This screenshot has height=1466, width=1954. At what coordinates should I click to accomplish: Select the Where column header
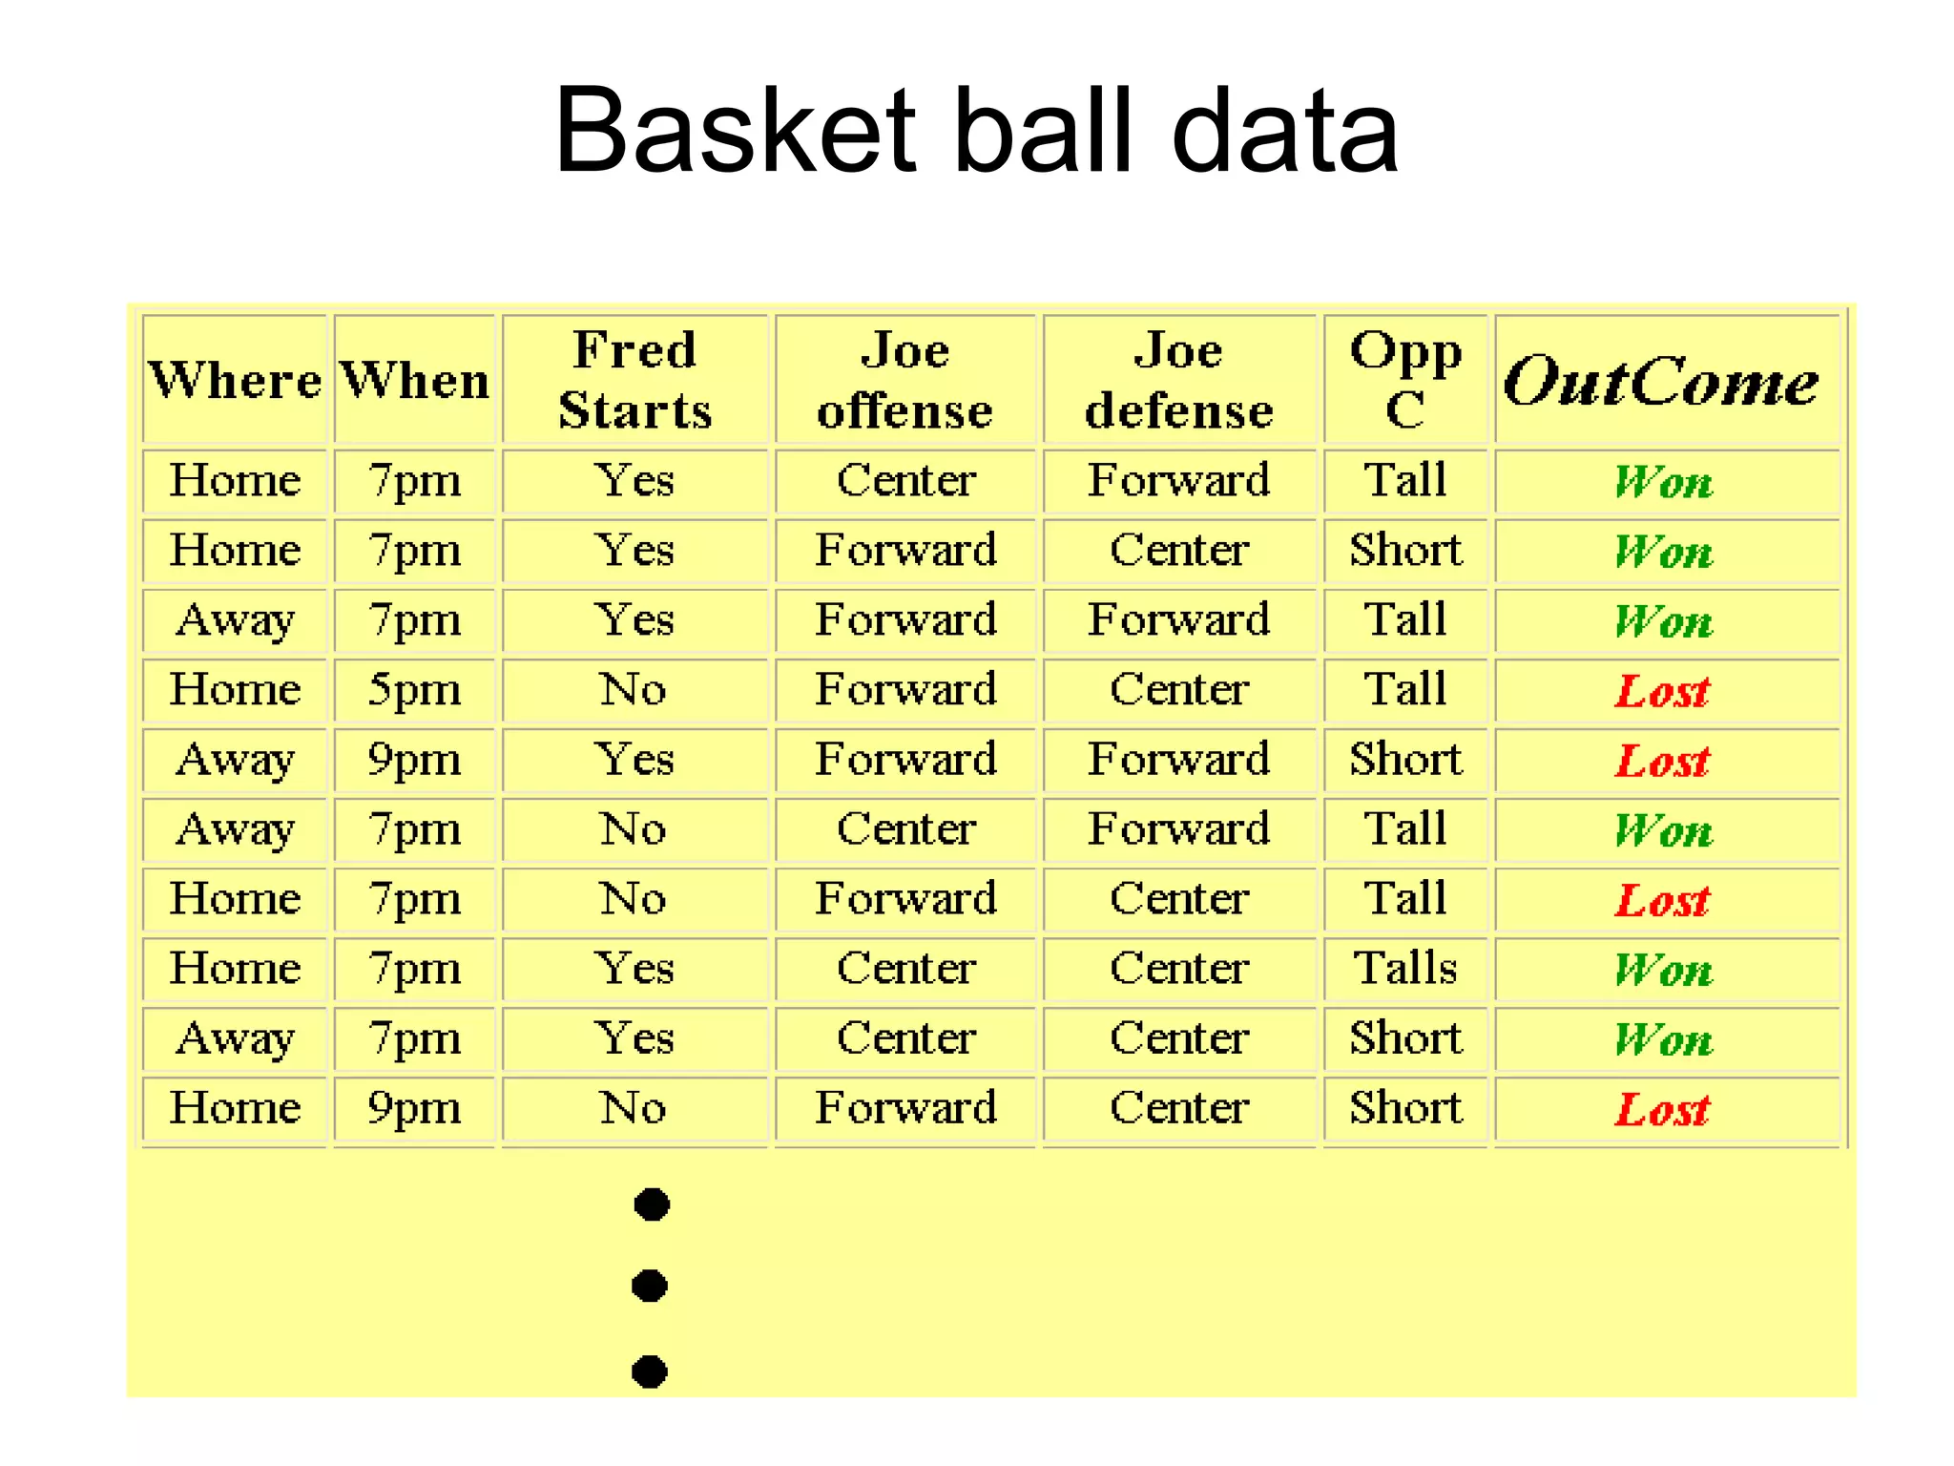click(x=235, y=380)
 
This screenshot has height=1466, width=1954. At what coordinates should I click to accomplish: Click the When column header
click(x=415, y=380)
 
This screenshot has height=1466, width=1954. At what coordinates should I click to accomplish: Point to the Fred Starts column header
click(x=635, y=380)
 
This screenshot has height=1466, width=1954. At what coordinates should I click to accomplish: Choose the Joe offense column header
click(x=905, y=380)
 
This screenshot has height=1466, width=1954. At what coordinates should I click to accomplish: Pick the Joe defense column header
click(x=1179, y=380)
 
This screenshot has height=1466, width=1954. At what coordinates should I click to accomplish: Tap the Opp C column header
click(x=1405, y=380)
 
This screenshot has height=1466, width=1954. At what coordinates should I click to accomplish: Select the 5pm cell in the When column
click(x=415, y=689)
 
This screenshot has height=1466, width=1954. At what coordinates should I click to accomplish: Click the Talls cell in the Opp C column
click(x=1405, y=968)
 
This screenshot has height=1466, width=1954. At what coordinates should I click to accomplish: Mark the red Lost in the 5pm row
click(x=1662, y=690)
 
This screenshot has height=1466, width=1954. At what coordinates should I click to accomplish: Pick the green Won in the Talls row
click(x=1663, y=970)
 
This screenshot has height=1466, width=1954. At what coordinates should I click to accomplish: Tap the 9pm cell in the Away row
click(x=415, y=760)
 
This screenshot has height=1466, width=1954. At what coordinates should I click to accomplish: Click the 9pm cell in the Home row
click(x=415, y=1108)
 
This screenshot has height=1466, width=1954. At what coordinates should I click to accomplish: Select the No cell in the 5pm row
click(x=634, y=689)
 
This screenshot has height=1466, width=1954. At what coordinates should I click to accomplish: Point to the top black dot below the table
click(x=652, y=1204)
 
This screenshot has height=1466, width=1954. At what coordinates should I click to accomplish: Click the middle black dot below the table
click(x=650, y=1286)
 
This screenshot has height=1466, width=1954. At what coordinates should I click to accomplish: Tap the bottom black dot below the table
click(x=650, y=1372)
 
